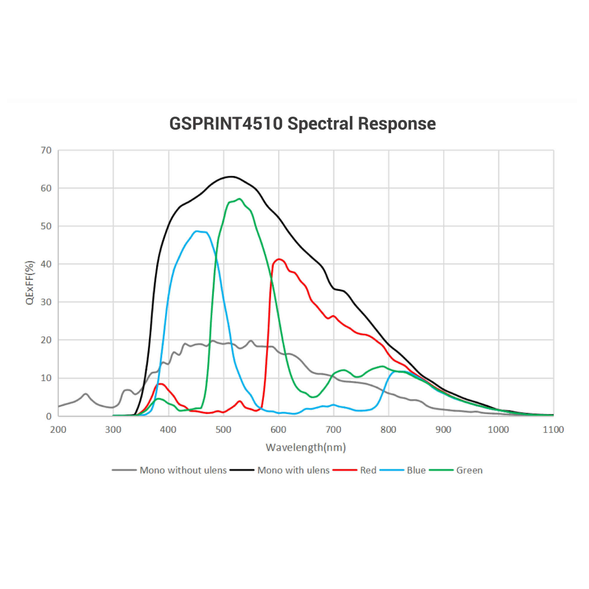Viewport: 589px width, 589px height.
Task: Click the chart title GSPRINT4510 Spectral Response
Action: (x=303, y=124)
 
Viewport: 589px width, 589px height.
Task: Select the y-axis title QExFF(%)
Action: (x=29, y=283)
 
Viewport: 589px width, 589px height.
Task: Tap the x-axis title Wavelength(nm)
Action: (x=305, y=447)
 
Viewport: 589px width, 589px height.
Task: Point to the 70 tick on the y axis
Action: (x=47, y=151)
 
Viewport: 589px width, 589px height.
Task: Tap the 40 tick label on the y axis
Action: (x=47, y=264)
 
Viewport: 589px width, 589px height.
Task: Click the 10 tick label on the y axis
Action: (x=47, y=378)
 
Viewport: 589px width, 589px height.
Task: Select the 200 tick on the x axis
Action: (x=58, y=429)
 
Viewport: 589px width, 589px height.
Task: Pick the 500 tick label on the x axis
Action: (x=224, y=429)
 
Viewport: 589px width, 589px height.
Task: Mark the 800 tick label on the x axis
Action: (x=389, y=429)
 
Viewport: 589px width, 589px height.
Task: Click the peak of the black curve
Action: (x=231, y=176)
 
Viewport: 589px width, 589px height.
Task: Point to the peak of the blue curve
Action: (x=197, y=231)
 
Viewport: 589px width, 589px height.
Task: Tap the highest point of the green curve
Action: (x=239, y=198)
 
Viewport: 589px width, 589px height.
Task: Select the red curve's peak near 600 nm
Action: (x=279, y=259)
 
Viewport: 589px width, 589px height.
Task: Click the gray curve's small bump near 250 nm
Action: (x=86, y=393)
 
